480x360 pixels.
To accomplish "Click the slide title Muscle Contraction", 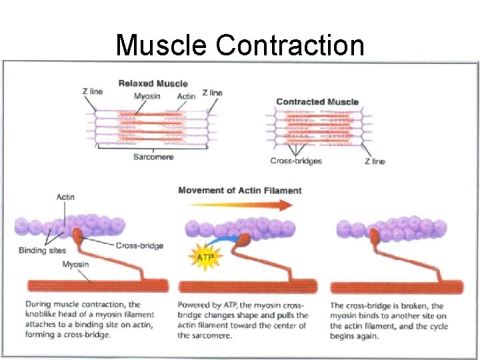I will point(240,45).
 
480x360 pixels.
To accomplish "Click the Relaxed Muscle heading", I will point(153,83).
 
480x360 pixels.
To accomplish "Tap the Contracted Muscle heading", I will point(317,101).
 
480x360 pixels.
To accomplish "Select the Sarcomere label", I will point(153,157).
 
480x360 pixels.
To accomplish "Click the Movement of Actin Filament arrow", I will point(239,205).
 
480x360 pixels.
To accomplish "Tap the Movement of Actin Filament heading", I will point(239,191).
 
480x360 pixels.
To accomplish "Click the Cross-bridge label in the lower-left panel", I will point(139,245).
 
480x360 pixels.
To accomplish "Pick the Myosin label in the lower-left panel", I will point(76,265).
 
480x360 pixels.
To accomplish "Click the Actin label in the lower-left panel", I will point(65,197).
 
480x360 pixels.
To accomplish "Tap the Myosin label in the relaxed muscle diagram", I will point(147,97).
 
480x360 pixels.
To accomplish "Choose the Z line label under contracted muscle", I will point(374,161).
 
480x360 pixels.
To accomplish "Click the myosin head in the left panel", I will point(78,233).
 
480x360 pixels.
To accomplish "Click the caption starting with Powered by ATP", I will point(243,320).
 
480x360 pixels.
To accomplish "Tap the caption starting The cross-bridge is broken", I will point(389,320).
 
